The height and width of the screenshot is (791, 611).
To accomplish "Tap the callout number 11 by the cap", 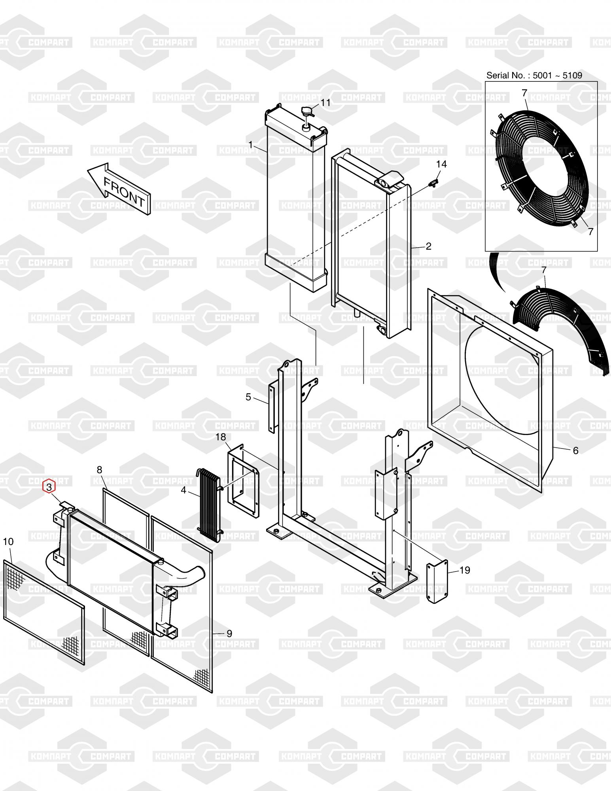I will [x=325, y=103].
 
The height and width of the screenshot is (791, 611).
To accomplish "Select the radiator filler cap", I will [x=307, y=114].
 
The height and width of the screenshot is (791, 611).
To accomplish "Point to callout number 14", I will [x=441, y=164].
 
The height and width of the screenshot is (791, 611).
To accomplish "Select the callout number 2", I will [x=428, y=246].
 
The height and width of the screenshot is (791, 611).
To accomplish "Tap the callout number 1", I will [x=250, y=145].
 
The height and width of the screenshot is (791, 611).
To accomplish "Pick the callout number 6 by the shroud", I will [x=575, y=450].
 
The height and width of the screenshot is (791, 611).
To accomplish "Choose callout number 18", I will [x=221, y=437].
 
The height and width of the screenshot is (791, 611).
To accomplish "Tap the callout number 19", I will [x=465, y=570].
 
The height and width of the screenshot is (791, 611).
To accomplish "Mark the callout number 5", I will [x=248, y=397].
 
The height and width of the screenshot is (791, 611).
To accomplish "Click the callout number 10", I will [x=8, y=541].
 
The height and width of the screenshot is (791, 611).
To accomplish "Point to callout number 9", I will [x=229, y=634].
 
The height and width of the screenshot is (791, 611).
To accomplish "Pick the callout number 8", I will [x=99, y=469].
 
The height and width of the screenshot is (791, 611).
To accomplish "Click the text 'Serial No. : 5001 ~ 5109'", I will [x=534, y=75].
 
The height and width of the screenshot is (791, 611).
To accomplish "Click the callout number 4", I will [x=183, y=490].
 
